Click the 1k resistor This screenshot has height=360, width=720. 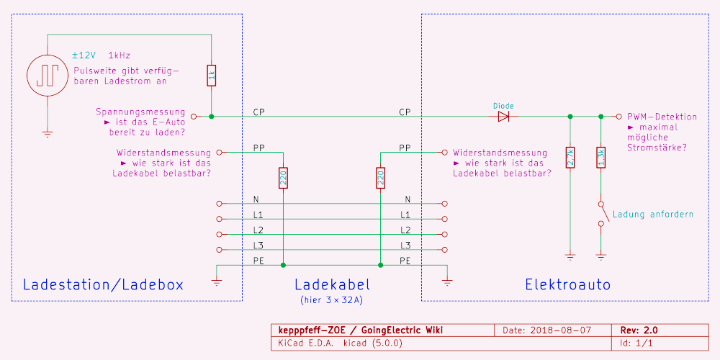211,75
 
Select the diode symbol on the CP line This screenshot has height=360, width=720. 503,116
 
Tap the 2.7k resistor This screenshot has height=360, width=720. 570,157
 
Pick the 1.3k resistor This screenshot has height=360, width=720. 601,157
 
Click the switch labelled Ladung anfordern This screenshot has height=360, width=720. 602,214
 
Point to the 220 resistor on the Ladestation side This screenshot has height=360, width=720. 283,178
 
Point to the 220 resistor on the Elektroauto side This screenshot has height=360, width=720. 380,178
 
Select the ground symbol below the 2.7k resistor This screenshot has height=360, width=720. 570,255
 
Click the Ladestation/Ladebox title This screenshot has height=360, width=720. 103,284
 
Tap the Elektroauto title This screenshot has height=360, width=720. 567,284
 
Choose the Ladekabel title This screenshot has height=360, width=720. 331,284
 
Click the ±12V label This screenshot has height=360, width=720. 84,55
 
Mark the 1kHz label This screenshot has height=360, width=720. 120,55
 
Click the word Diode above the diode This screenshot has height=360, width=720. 503,106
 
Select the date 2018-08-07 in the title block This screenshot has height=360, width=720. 561,330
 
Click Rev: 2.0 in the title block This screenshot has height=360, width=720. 639,330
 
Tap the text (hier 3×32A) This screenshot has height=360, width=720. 331,299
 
